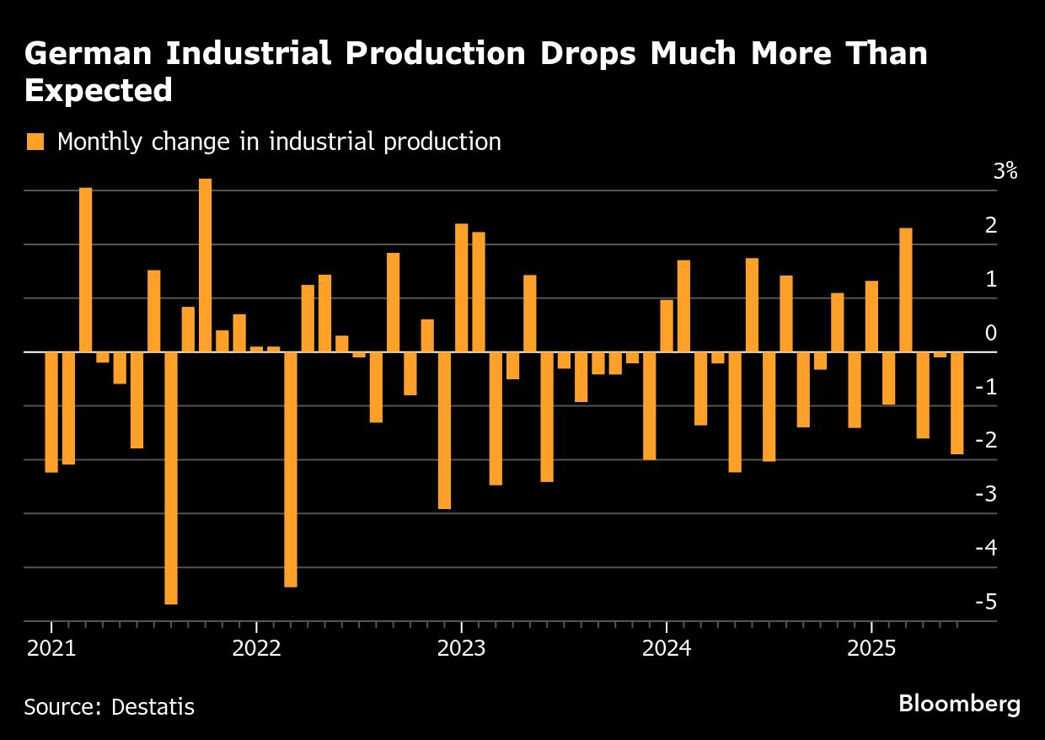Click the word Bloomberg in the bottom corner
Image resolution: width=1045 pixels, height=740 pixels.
(x=959, y=704)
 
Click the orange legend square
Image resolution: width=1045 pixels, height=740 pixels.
(x=35, y=142)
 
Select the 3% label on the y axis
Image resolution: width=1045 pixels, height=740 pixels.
(x=1005, y=172)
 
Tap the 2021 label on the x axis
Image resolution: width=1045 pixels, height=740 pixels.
(x=51, y=650)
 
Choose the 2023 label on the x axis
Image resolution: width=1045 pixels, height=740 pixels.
(x=461, y=650)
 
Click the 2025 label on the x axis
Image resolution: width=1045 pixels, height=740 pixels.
(x=871, y=650)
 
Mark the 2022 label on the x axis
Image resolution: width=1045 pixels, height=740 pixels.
(x=256, y=650)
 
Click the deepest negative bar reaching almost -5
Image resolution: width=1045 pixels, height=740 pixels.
(x=171, y=478)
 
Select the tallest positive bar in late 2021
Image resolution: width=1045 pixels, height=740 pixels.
(x=205, y=265)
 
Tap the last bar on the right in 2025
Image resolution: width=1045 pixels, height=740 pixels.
(x=957, y=403)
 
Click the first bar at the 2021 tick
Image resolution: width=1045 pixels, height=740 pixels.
(x=51, y=412)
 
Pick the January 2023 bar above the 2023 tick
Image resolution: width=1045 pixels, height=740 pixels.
(x=461, y=287)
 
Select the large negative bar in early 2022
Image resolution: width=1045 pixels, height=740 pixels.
(x=291, y=469)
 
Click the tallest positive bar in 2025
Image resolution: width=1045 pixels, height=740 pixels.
(x=905, y=290)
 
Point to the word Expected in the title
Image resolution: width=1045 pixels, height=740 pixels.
(x=98, y=90)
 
